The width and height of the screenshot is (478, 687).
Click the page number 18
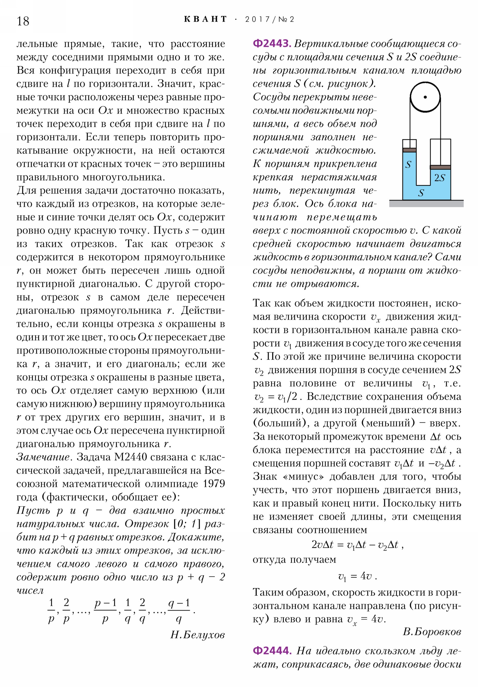[x=23, y=21]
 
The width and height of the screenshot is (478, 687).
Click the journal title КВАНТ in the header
[x=205, y=19]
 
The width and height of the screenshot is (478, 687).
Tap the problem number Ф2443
[x=272, y=44]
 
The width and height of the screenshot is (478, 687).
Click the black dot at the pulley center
[x=425, y=97]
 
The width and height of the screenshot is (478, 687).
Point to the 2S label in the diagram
[x=439, y=178]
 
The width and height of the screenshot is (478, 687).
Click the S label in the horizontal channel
[x=421, y=193]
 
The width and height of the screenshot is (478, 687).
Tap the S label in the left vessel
[x=408, y=165]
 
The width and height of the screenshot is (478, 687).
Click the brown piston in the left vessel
[x=409, y=150]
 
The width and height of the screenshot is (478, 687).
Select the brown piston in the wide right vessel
[x=440, y=167]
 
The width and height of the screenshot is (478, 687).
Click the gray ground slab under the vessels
[x=426, y=204]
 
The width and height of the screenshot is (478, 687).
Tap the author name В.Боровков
[x=432, y=631]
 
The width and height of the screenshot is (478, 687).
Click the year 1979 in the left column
[x=214, y=484]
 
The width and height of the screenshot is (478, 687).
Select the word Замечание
[x=43, y=457]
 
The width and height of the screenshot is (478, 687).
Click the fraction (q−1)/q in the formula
[x=179, y=611]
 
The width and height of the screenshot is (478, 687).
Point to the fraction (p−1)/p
[x=105, y=611]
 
